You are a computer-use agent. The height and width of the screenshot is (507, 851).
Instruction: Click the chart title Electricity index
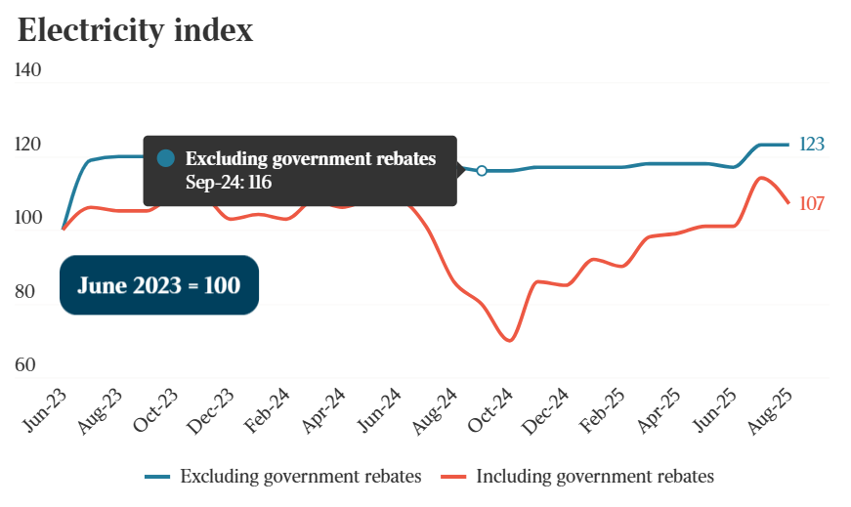(x=136, y=30)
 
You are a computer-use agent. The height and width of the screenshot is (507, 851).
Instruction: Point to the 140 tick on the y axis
(x=28, y=70)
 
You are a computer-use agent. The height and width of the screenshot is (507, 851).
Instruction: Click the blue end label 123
(x=812, y=145)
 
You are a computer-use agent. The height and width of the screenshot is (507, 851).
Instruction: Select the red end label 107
(x=812, y=203)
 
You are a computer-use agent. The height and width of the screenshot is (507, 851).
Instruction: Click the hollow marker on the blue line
(x=482, y=171)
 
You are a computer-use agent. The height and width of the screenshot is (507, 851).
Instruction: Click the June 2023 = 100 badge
(x=159, y=285)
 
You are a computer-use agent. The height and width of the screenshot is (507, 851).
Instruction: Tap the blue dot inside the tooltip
(x=166, y=158)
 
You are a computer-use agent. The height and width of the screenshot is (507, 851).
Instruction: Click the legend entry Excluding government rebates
(x=300, y=477)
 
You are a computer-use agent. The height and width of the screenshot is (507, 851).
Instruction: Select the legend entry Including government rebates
(x=595, y=477)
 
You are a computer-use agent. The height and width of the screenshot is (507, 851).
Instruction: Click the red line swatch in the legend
(x=452, y=477)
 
